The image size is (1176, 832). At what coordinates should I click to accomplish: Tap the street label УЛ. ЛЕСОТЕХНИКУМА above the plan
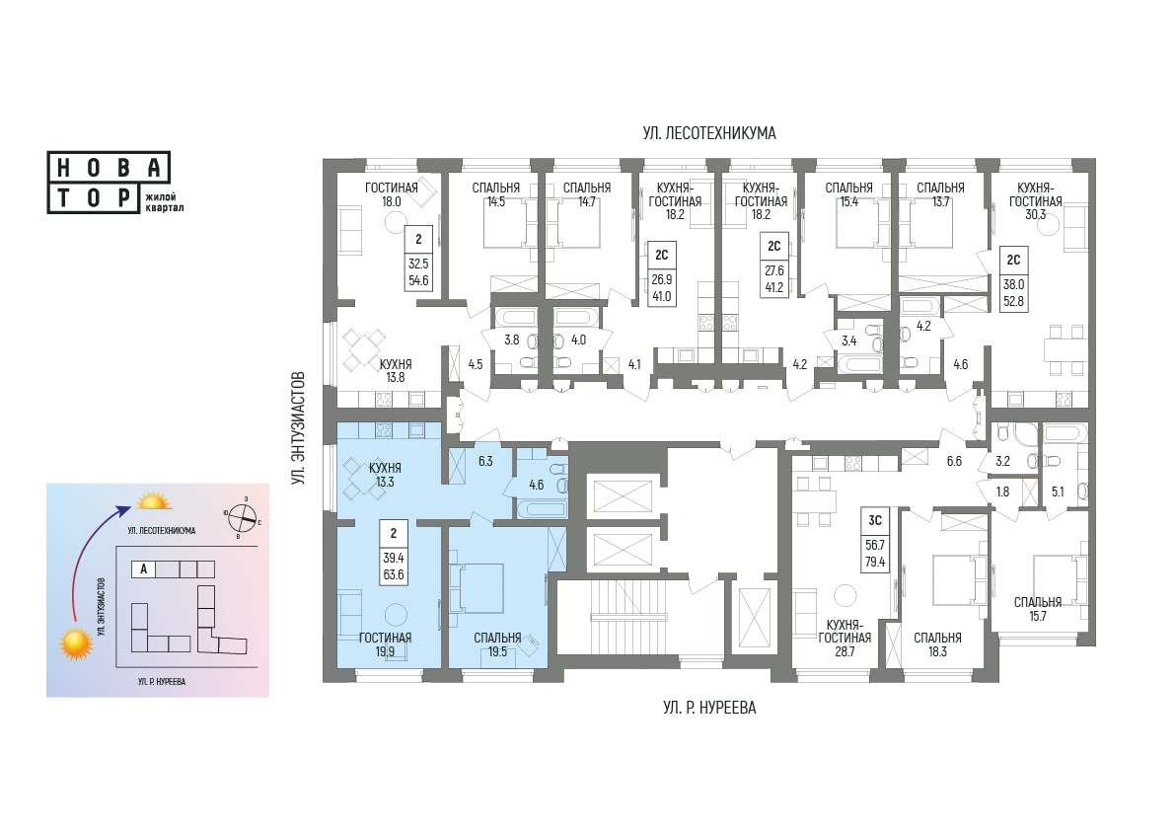tap(708, 133)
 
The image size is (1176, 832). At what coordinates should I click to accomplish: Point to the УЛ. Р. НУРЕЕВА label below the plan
tap(708, 708)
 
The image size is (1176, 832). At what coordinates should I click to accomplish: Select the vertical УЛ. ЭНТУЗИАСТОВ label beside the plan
tap(300, 427)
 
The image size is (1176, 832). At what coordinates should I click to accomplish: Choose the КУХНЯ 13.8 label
tap(396, 371)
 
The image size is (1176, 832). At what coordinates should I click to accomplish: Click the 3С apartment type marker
tap(875, 521)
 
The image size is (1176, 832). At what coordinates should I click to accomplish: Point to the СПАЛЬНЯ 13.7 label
tap(940, 194)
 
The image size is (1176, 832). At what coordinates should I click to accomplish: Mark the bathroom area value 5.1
tap(1058, 492)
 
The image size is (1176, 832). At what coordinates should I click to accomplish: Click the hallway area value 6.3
tap(485, 461)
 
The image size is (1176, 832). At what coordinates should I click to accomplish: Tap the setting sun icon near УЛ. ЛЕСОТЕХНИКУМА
tap(153, 501)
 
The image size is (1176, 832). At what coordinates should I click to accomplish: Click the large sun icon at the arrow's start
tap(76, 643)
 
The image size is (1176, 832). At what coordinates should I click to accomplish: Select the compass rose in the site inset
tap(243, 516)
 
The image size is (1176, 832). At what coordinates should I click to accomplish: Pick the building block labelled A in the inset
tap(143, 569)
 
